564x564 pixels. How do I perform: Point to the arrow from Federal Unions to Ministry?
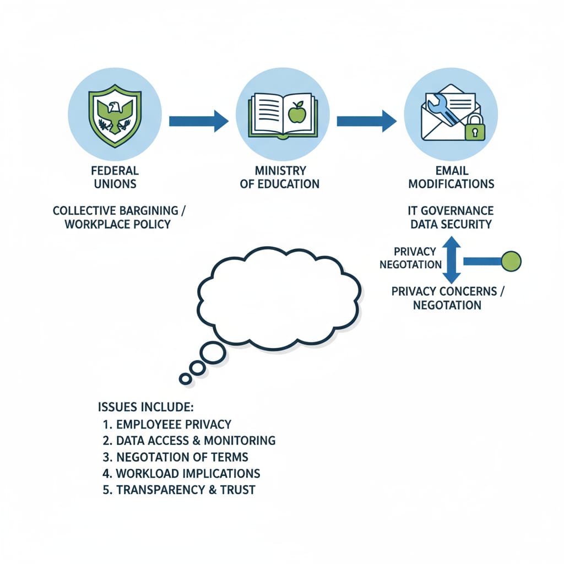pos(198,121)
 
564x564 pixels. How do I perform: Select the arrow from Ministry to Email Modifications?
pos(366,121)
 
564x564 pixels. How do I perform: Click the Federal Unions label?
pos(116,177)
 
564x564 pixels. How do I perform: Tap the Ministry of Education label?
pos(280,177)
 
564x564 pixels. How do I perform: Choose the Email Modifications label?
pos(451,177)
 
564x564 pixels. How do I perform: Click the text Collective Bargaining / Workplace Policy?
pos(116,218)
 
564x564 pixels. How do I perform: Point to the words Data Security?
pos(451,224)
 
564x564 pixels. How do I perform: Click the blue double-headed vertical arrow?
pos(452,260)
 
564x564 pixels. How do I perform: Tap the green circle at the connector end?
pos(511,260)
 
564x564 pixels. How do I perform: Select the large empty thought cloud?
pos(278,297)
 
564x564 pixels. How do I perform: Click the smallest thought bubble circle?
pos(186,379)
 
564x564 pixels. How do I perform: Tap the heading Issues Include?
pos(145,407)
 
